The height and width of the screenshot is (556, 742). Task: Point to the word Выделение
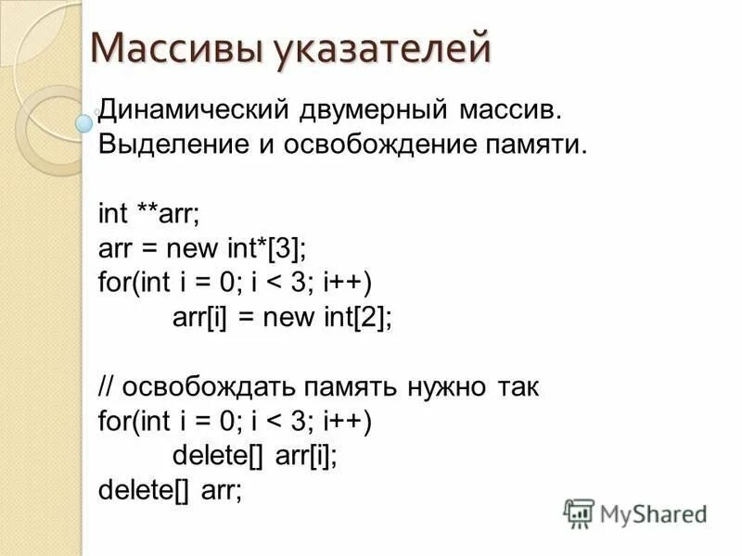158,145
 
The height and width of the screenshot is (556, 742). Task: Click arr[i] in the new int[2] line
199,317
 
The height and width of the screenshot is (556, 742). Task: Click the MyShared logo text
653,512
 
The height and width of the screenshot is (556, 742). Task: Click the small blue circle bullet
84,120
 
